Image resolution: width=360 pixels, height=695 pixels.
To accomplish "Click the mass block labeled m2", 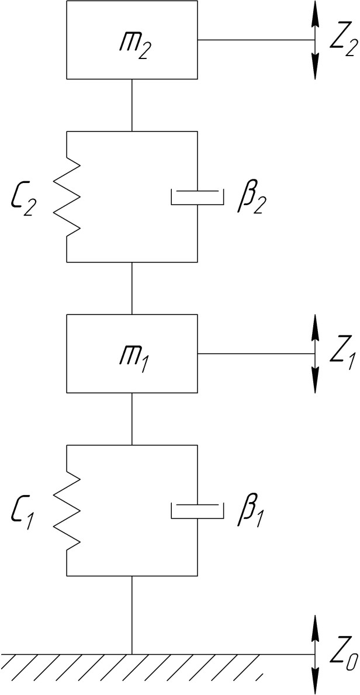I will pyautogui.click(x=132, y=40).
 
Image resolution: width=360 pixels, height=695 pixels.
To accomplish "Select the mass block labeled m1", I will pyautogui.click(x=132, y=354).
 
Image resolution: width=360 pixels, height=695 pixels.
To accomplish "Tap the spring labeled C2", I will pyautogui.click(x=67, y=196).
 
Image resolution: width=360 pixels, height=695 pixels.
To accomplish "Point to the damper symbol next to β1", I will pyautogui.click(x=197, y=510).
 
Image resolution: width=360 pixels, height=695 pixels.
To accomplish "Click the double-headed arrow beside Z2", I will pyautogui.click(x=316, y=40).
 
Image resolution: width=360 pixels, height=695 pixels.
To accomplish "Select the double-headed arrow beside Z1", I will pyautogui.click(x=316, y=354).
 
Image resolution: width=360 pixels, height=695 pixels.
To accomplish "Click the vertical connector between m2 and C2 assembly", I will pyautogui.click(x=132, y=105).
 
